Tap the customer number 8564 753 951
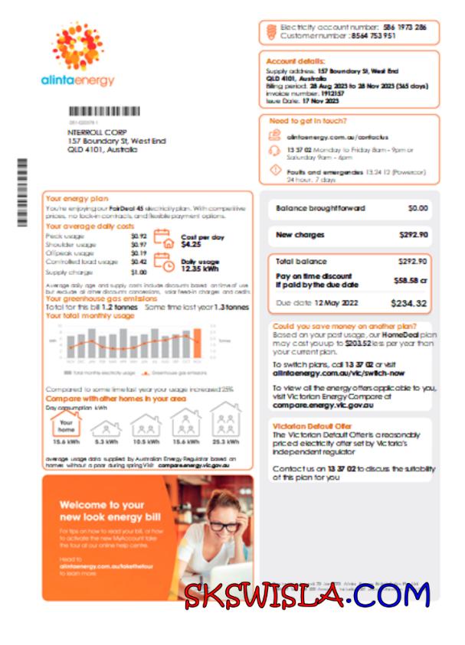click(373, 36)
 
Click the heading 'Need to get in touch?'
click(308, 121)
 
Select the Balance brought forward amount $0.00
click(418, 208)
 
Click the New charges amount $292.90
click(414, 235)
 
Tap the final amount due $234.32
click(408, 304)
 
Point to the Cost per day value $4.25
click(192, 245)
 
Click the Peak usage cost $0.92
click(138, 236)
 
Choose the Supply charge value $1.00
click(138, 272)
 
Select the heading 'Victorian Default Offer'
click(313, 426)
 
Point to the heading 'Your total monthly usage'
click(90, 315)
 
